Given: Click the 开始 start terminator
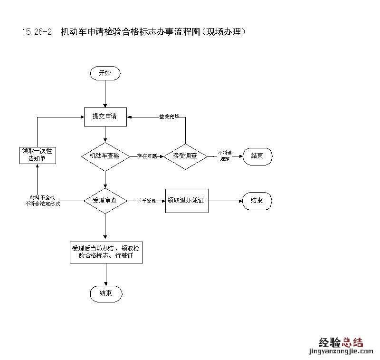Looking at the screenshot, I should (x=105, y=73).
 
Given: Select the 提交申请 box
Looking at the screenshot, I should (x=105, y=116).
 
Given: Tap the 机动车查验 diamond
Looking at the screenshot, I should (x=105, y=156).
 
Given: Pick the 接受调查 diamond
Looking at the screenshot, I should (x=185, y=156).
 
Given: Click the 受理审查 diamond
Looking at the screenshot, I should (x=105, y=201).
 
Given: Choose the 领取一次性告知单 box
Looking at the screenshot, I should (x=38, y=155).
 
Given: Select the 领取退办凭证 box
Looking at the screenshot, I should (x=187, y=201).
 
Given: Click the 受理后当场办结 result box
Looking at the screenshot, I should (x=105, y=252).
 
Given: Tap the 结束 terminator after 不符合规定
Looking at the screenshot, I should (x=257, y=156).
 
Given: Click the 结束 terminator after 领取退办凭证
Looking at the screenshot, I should (x=257, y=201).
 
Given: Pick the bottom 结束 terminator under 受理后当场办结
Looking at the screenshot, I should (x=106, y=293).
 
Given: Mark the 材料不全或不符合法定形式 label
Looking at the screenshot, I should (x=42, y=200).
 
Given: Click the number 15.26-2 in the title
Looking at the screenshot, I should (x=37, y=32).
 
